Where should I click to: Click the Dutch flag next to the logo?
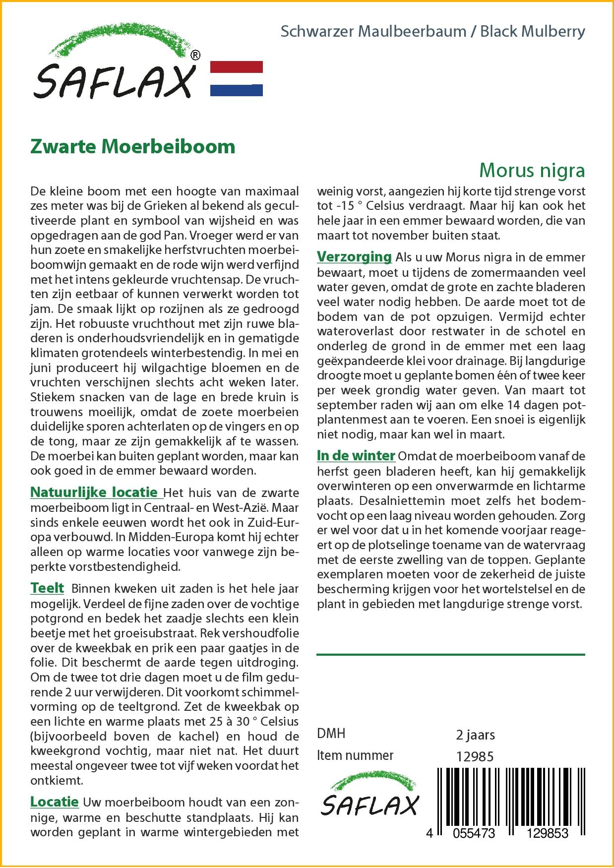coord(237,78)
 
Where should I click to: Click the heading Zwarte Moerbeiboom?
coord(132,147)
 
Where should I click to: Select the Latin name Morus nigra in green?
coord(532,170)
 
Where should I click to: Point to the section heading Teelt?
coord(47,588)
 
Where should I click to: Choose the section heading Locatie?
coord(55,802)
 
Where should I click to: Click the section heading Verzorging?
coord(354,257)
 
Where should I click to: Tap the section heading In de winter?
coord(356,455)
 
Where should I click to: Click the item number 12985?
coord(475,757)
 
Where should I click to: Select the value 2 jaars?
coord(475,735)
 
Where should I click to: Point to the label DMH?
coord(331,734)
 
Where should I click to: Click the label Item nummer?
coord(355,755)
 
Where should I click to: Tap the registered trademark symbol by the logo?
coord(195,56)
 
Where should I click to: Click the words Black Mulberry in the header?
coord(533,32)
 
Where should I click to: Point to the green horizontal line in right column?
coord(450,655)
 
